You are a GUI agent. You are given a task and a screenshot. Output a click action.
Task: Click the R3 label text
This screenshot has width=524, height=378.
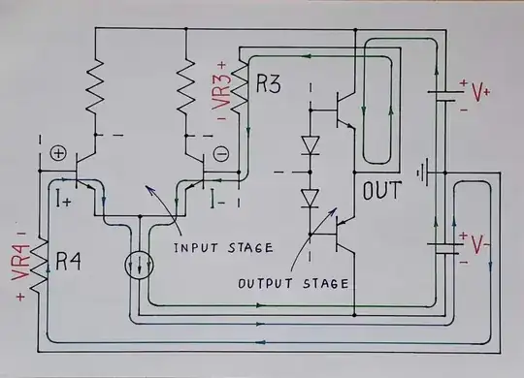coord(269,83)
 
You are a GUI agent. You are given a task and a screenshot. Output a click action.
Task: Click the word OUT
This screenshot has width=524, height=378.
coord(381,191)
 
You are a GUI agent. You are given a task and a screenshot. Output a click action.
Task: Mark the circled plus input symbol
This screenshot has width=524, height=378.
coord(56,153)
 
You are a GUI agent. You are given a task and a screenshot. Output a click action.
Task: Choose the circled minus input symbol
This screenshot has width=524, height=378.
coord(220,153)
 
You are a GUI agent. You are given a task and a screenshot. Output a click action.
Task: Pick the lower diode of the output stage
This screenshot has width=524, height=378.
coord(311,199)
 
